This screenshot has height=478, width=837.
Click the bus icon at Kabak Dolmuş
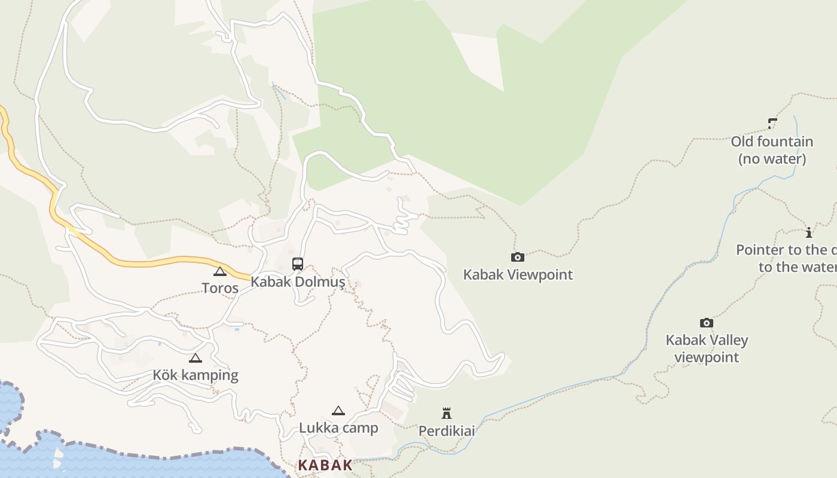click(x=298, y=263)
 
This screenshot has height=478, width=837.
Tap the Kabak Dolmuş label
click(x=298, y=282)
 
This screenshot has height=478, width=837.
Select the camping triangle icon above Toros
click(x=220, y=271)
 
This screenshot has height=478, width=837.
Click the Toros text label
click(x=220, y=288)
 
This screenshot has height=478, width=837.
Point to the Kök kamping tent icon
click(x=195, y=358)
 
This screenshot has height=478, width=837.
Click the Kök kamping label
click(x=195, y=375)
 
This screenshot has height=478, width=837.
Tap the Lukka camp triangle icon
click(x=338, y=410)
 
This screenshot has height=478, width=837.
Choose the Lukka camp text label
click(x=338, y=428)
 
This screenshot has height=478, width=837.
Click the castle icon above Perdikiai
click(x=447, y=413)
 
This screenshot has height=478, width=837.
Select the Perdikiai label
click(x=447, y=431)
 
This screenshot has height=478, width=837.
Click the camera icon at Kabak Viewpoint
click(x=518, y=257)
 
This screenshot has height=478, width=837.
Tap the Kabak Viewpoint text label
click(x=518, y=275)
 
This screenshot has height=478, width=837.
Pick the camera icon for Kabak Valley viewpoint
click(x=707, y=323)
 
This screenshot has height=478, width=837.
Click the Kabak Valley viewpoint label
click(x=707, y=348)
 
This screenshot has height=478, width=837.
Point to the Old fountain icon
click(x=772, y=124)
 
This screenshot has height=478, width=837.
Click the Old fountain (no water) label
click(x=772, y=150)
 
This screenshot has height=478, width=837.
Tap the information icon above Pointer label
click(x=809, y=232)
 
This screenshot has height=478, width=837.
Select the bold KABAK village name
click(x=325, y=465)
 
